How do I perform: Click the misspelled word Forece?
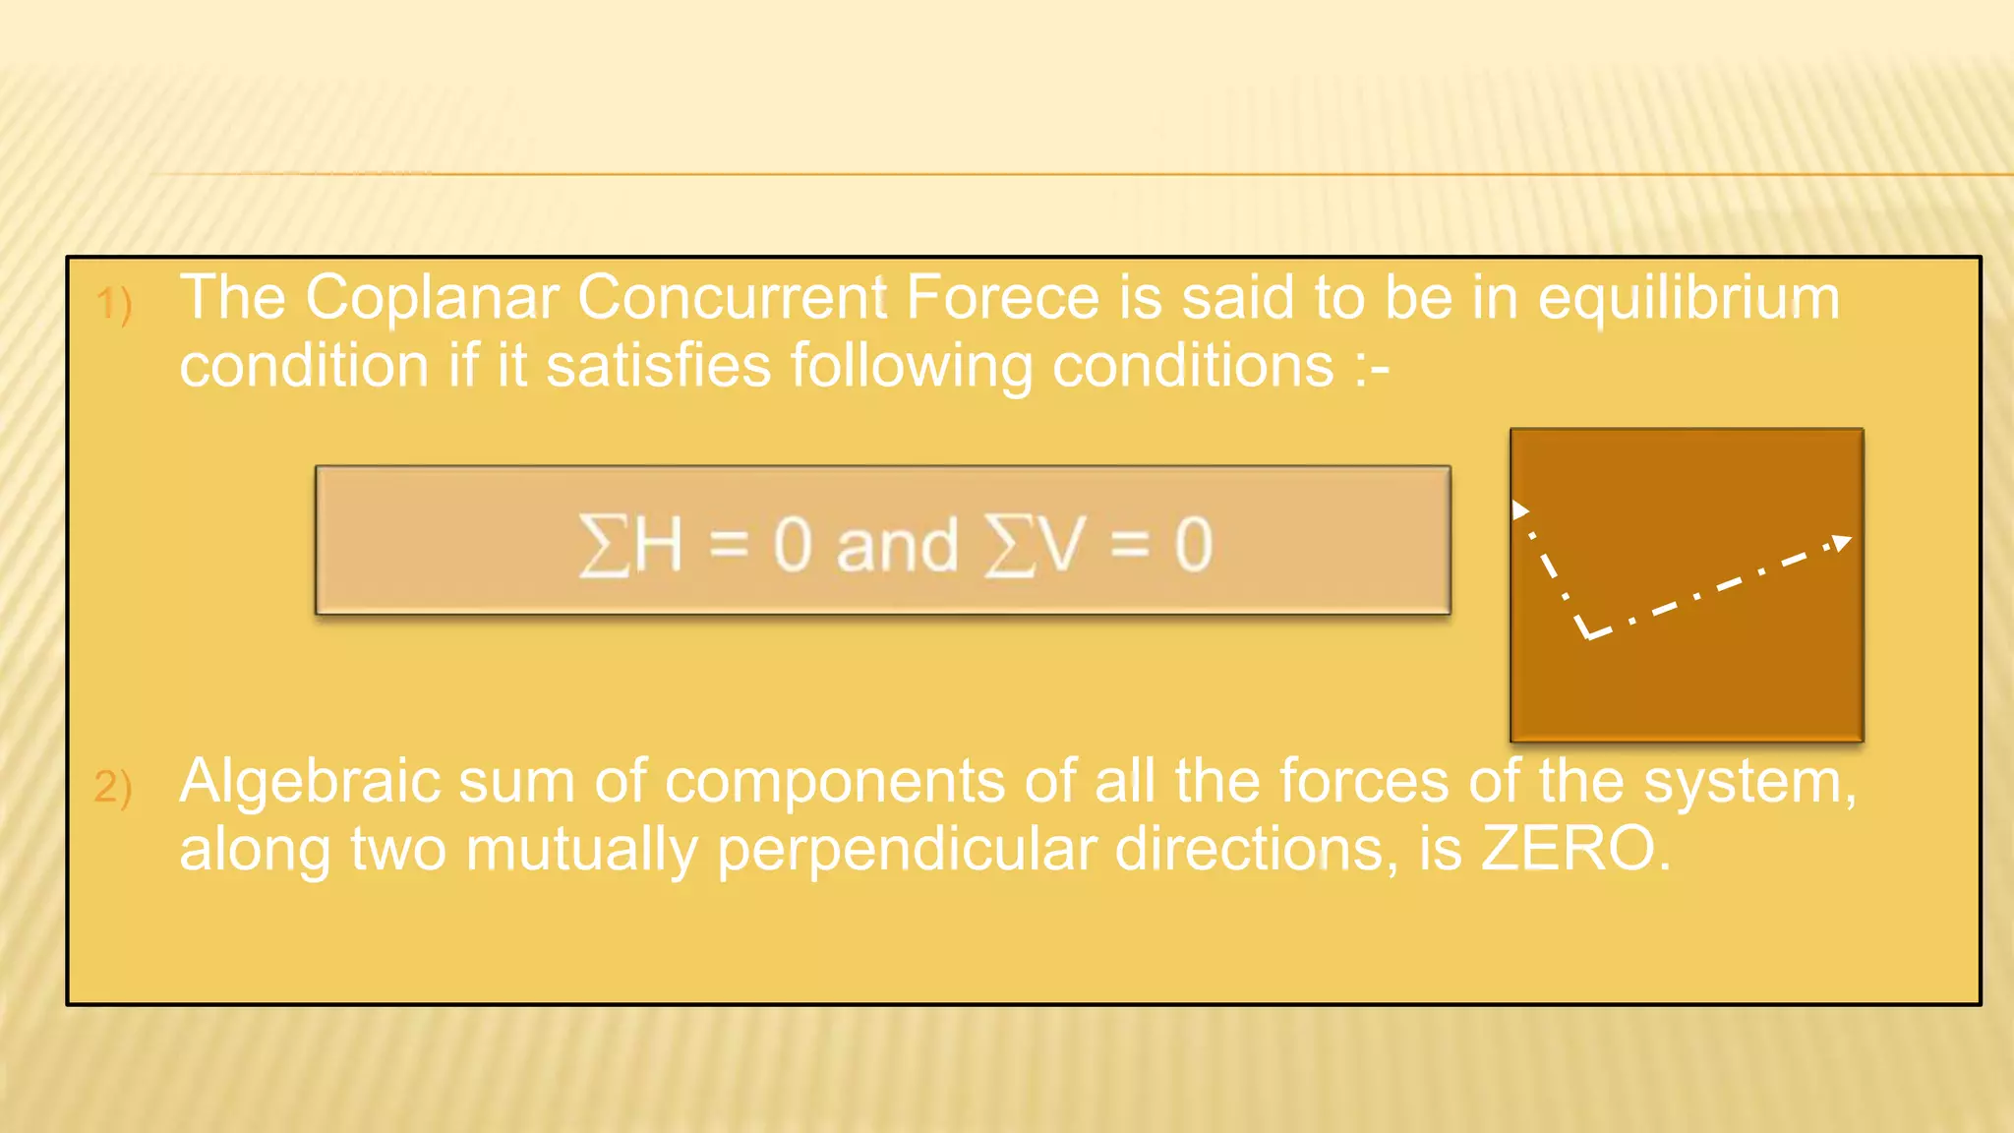(1001, 297)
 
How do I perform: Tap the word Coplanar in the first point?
(432, 299)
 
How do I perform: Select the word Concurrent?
(732, 297)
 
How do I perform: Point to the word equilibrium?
(1688, 299)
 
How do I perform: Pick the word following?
(912, 368)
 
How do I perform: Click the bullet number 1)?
(114, 303)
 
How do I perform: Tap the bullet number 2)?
(113, 787)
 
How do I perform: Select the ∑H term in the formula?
(630, 545)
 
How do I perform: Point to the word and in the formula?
(897, 545)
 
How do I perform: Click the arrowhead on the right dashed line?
(1842, 542)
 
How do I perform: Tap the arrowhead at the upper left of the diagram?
(1519, 509)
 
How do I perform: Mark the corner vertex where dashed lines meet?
(1587, 634)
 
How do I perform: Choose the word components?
(835, 783)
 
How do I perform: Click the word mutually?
(581, 850)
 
